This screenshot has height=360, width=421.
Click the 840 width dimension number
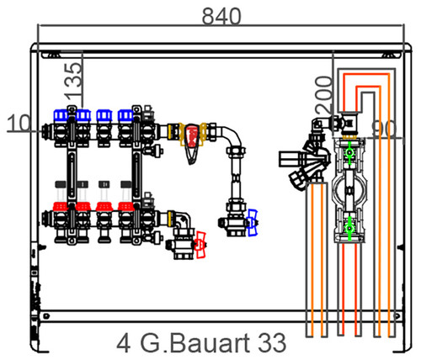tap(221, 16)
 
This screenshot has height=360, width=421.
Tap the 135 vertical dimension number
tap(73, 82)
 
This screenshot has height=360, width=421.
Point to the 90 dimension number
tap(384, 130)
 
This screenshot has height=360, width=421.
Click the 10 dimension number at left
tap(19, 123)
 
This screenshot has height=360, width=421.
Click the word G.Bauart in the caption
tap(195, 343)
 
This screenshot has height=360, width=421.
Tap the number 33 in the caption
tap(271, 343)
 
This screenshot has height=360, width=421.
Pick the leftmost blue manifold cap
tap(61, 115)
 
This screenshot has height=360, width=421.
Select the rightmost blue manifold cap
tap(125, 115)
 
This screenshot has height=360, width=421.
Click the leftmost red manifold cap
tap(61, 207)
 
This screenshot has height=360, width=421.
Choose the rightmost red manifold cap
tap(125, 207)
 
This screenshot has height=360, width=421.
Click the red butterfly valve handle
tap(201, 245)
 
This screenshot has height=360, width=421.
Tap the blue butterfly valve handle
tap(253, 222)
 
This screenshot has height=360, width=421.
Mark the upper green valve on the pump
tap(349, 153)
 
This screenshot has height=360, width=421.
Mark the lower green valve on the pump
tap(349, 228)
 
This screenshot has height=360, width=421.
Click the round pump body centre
tap(349, 191)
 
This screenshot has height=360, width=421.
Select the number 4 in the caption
tap(124, 343)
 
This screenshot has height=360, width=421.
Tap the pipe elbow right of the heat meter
tap(233, 136)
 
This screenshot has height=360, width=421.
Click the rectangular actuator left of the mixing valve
tap(290, 159)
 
